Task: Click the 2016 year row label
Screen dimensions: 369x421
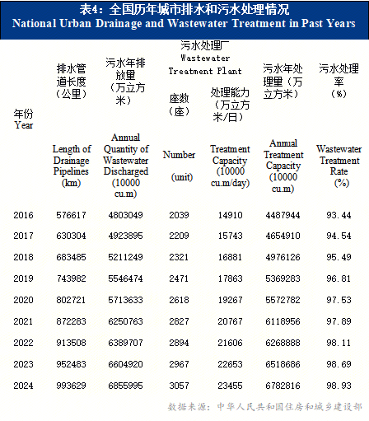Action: pyautogui.click(x=23, y=215)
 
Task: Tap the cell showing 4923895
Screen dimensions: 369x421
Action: pyautogui.click(x=125, y=236)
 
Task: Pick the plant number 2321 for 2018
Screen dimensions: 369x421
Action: pyautogui.click(x=179, y=257)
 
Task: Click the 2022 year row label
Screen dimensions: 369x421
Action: pyautogui.click(x=23, y=343)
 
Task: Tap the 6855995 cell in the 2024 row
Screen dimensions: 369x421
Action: pyautogui.click(x=125, y=386)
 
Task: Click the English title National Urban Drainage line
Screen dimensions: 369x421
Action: pyautogui.click(x=184, y=24)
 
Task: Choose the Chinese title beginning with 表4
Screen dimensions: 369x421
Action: pyautogui.click(x=184, y=9)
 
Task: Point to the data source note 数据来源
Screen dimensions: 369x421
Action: pyautogui.click(x=264, y=407)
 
